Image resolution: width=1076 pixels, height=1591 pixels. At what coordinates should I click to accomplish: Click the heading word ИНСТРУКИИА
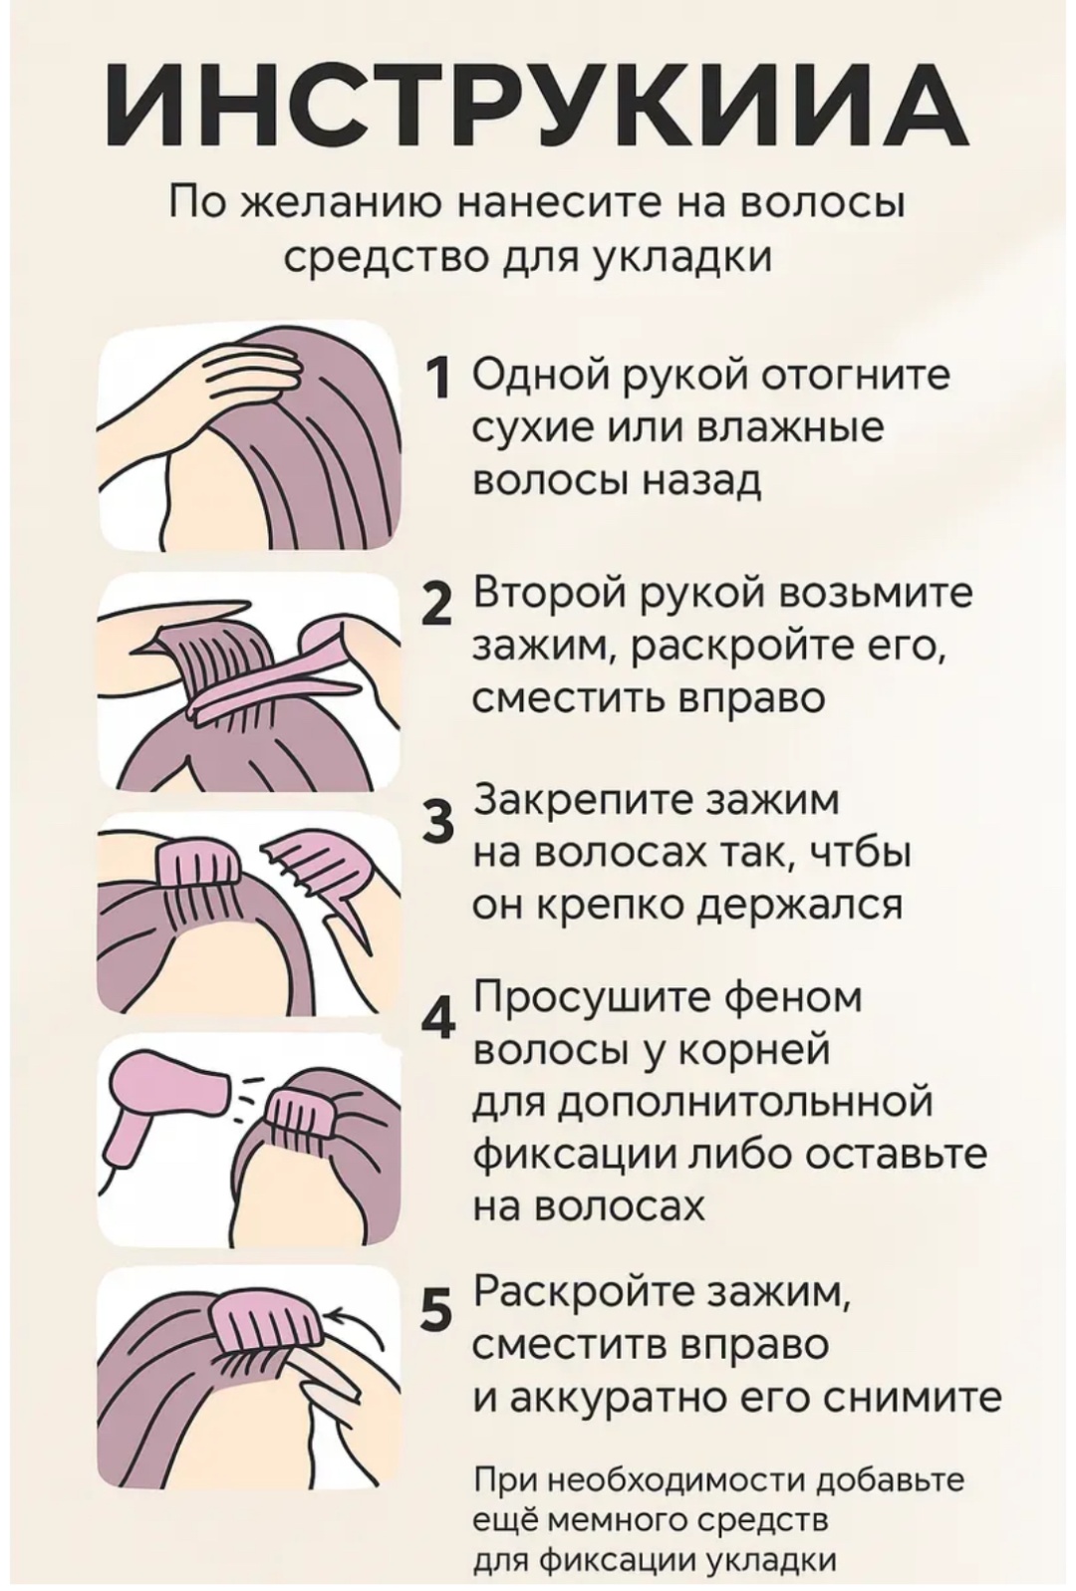537,106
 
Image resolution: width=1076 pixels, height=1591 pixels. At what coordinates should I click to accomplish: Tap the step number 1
439,378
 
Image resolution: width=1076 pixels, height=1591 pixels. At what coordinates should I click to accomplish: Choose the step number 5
439,1307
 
